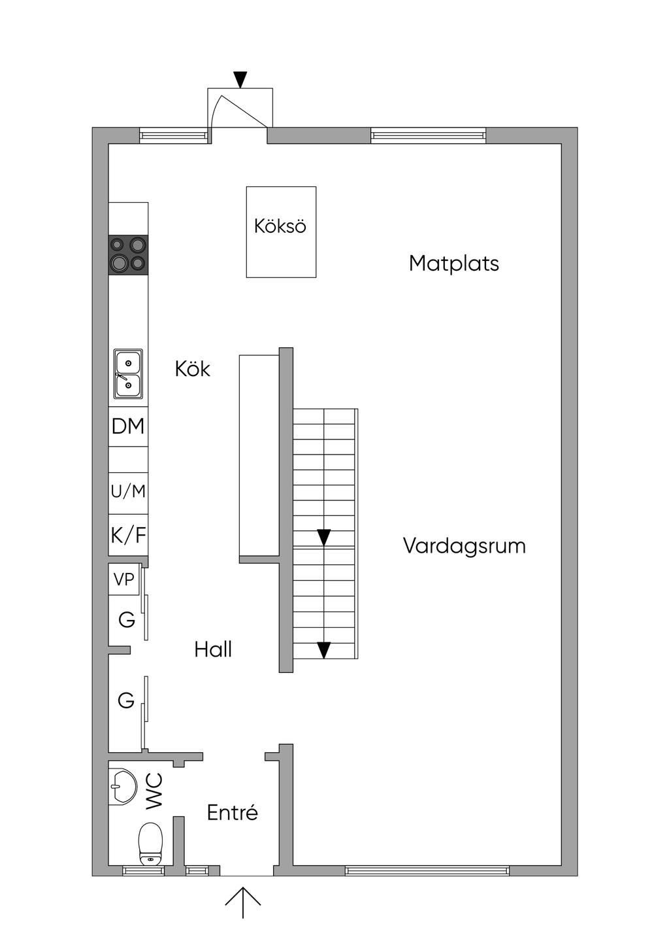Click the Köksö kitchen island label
click(280, 226)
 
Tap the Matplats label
click(454, 263)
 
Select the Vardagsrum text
click(464, 545)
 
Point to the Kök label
click(193, 369)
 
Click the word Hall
click(213, 649)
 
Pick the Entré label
click(233, 812)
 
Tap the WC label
click(155, 791)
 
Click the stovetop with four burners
click(129, 255)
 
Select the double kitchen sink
click(128, 373)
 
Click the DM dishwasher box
click(129, 426)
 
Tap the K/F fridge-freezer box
click(129, 535)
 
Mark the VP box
click(124, 579)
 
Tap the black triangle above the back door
click(240, 80)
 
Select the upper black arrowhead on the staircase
click(323, 538)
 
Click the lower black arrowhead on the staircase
click(323, 650)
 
